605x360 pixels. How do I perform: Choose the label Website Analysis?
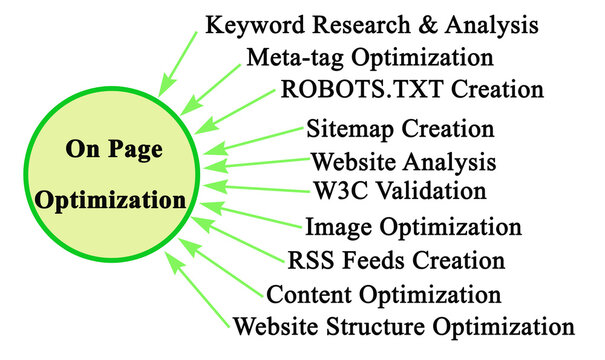(x=403, y=161)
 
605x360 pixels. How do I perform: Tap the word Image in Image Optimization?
(x=334, y=227)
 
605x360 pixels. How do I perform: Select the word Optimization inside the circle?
(x=111, y=199)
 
